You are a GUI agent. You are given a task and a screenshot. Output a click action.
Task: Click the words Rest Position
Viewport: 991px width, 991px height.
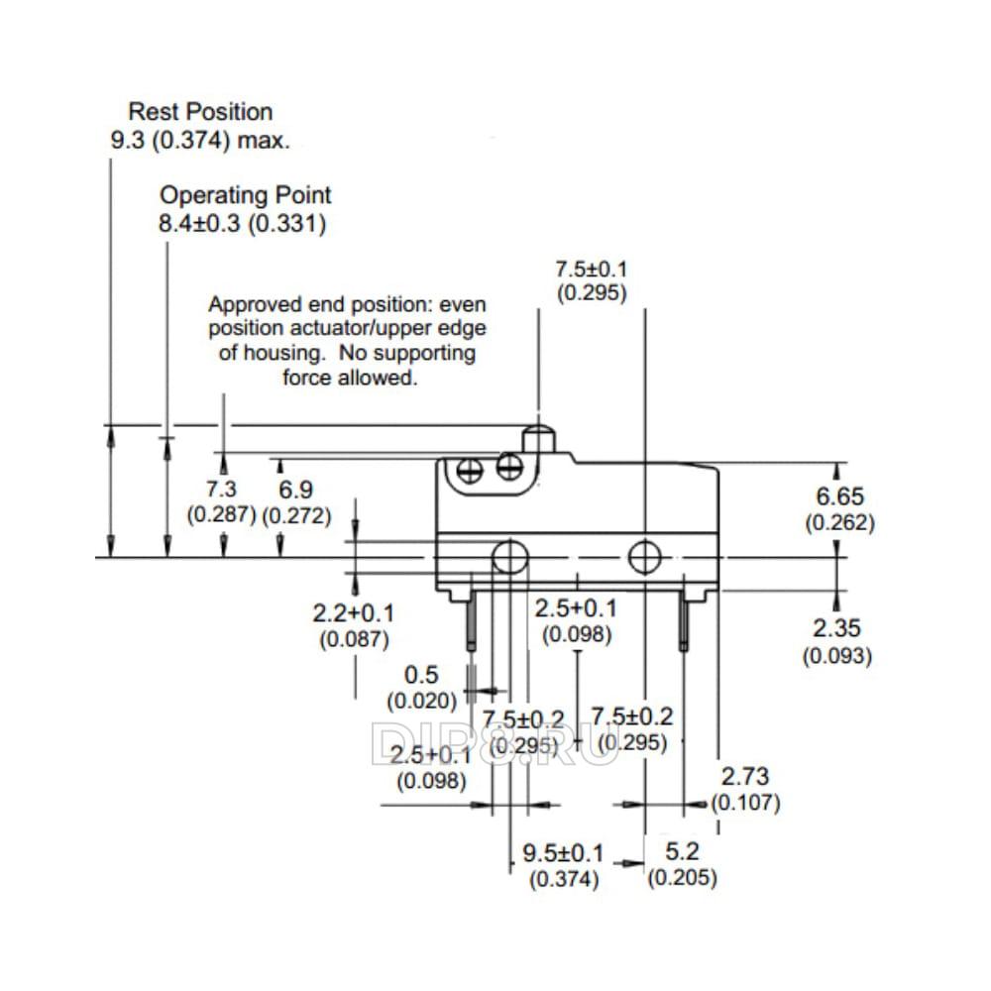200,112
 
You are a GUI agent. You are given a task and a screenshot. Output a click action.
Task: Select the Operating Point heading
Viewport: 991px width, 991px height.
245,195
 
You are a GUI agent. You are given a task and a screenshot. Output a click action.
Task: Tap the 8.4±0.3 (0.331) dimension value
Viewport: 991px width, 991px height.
242,224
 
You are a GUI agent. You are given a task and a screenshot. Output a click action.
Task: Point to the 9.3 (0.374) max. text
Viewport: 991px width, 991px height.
200,141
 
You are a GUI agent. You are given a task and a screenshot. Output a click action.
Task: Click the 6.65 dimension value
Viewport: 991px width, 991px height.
839,496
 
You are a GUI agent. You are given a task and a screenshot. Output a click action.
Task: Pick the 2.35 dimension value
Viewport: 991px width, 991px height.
836,628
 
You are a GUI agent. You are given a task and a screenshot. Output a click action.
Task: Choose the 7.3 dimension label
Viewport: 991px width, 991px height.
221,489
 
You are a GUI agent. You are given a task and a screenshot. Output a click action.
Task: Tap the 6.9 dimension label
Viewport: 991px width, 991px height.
295,490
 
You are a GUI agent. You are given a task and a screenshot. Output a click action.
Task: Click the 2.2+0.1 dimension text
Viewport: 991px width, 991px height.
354,613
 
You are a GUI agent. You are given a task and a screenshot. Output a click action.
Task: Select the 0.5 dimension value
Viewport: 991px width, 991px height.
421,675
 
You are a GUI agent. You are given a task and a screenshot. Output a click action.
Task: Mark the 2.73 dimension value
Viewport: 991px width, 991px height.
745,776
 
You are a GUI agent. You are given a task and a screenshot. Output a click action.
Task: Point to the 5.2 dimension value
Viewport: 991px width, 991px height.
682,852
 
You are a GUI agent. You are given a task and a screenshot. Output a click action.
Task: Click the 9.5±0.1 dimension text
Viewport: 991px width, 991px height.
563,853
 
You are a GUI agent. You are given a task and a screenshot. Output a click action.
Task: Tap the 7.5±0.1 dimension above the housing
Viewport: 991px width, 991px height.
591,270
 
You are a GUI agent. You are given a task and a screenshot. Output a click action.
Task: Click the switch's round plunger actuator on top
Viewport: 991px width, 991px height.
538,441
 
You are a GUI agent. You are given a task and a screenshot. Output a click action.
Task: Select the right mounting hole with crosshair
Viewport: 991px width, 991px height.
645,557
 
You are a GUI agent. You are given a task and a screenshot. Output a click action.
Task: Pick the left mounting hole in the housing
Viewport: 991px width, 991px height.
509,557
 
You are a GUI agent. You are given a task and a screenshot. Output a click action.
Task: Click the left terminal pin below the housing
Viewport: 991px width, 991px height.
471,621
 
